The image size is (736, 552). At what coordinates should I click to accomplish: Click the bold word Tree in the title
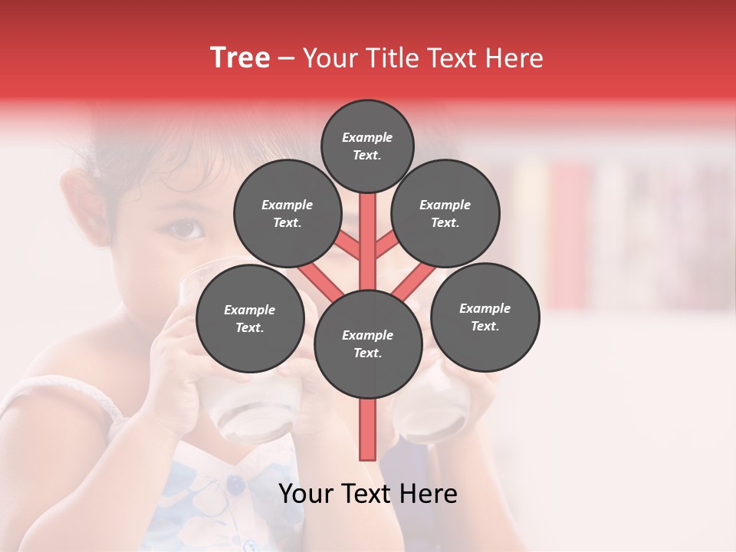240,58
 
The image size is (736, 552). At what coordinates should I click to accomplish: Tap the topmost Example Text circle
367,146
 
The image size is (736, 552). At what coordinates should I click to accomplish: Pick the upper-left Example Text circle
287,214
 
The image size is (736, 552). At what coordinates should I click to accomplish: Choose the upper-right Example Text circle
445,214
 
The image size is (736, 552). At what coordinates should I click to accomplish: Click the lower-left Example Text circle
249,319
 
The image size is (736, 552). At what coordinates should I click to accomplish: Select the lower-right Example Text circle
485,317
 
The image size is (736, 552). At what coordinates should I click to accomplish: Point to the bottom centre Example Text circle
367,344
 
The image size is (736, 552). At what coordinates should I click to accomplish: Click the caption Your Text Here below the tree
367,494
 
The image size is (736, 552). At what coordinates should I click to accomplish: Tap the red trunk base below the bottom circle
367,429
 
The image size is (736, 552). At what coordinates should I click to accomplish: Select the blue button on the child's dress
235,484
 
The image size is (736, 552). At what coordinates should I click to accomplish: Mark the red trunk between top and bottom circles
367,230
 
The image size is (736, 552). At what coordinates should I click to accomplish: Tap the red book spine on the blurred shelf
568,230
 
